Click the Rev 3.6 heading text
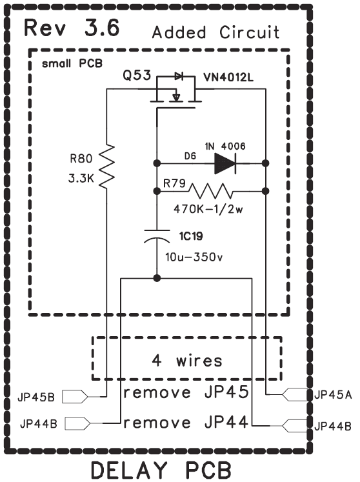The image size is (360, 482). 72,28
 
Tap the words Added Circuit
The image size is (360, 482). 216,32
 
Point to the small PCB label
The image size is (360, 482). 72,64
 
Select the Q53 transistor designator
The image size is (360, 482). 137,75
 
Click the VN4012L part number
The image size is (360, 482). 229,78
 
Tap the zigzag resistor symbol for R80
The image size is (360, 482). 106,166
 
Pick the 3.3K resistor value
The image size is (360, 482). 81,178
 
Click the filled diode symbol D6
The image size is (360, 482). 225,163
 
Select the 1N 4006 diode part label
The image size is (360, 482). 225,146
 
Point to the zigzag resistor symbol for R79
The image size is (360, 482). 210,191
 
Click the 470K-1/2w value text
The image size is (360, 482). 208,209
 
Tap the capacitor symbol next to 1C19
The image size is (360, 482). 157,236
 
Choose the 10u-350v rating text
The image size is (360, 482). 194,257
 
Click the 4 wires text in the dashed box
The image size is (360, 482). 187,360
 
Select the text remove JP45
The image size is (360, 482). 186,392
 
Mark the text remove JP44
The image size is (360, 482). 186,422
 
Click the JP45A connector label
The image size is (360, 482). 333,395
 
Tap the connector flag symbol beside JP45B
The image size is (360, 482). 75,397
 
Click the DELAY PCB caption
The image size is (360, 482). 161,470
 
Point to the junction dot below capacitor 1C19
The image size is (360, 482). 157,279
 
